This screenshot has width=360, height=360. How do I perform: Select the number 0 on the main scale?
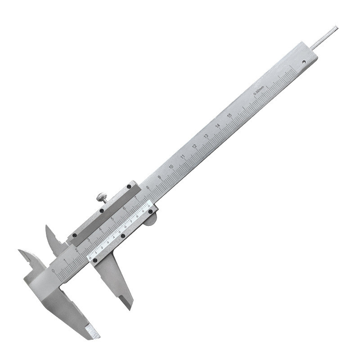55,270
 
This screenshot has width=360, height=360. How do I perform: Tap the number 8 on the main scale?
148,188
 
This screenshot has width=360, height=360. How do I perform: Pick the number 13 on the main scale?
206,136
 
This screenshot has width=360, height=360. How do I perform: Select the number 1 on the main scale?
67,260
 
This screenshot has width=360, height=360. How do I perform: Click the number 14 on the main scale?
218,126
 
